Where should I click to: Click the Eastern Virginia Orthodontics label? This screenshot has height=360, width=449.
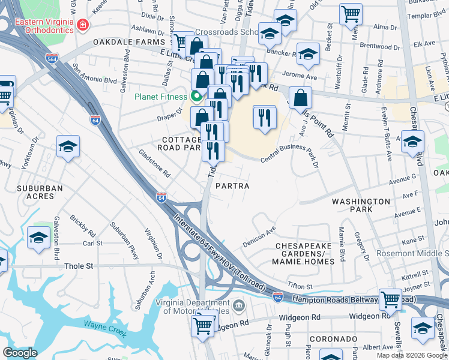44,27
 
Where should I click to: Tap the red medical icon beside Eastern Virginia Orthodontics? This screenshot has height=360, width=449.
82,26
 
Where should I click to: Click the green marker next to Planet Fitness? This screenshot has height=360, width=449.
196,96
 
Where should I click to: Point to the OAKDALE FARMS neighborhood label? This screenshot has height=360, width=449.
128,42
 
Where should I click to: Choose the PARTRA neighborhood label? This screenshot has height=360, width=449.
232,186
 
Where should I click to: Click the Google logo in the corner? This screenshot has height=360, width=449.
20,353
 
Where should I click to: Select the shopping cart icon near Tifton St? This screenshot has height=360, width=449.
390,298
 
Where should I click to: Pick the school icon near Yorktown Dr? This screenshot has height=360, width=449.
68,146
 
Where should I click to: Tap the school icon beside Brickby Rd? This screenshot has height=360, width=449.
38,237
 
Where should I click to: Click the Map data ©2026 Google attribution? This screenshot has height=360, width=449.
412,355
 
